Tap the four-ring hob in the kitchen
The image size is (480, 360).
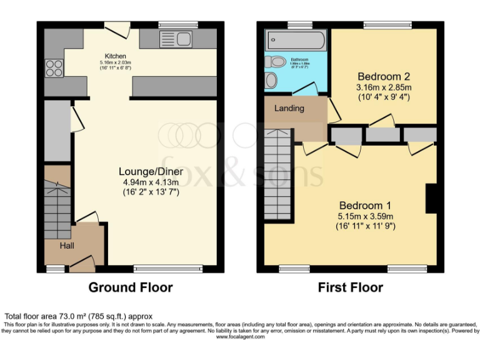point(54,67)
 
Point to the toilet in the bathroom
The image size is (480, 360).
point(274,62)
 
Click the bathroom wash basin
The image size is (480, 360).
point(271,81)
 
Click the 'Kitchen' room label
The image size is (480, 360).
point(115,55)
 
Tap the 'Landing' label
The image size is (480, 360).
point(289,108)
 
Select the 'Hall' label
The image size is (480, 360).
point(67,246)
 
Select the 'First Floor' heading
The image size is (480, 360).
point(351,287)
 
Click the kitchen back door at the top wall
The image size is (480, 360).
point(117,29)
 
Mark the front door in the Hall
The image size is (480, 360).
point(81,266)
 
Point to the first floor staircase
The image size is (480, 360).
point(277,169)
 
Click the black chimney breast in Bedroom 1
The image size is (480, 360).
point(431,199)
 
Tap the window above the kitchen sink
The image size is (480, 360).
point(177,25)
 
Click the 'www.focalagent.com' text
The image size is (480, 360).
point(240,336)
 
